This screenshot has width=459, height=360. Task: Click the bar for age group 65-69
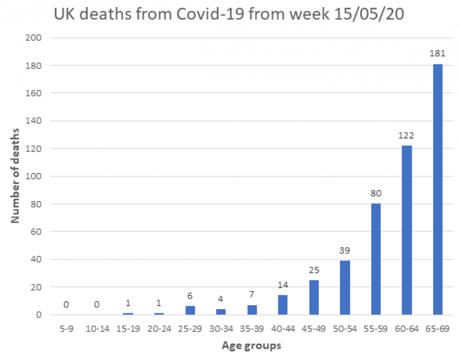click(437, 189)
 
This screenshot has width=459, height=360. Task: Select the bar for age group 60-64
click(406, 230)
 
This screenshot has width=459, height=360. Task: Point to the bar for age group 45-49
click(313, 297)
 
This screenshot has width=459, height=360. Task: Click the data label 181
click(437, 54)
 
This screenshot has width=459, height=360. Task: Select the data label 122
click(406, 135)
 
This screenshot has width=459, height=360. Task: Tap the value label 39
click(344, 251)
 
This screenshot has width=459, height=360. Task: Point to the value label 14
click(282, 285)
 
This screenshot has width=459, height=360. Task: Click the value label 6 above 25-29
click(189, 296)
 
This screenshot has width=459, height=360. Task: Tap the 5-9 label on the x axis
click(65, 329)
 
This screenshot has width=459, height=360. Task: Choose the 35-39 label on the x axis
click(251, 329)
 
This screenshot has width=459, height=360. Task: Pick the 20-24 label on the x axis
click(158, 329)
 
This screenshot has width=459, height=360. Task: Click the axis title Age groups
click(251, 346)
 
